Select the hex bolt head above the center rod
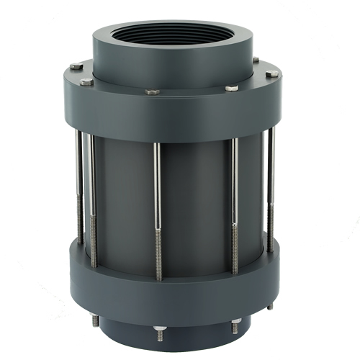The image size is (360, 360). (152, 92)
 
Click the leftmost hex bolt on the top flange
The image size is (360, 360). (76, 68)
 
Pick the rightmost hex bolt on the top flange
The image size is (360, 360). (271, 74)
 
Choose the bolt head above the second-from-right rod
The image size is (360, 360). (231, 88)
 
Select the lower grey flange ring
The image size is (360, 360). (173, 281)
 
